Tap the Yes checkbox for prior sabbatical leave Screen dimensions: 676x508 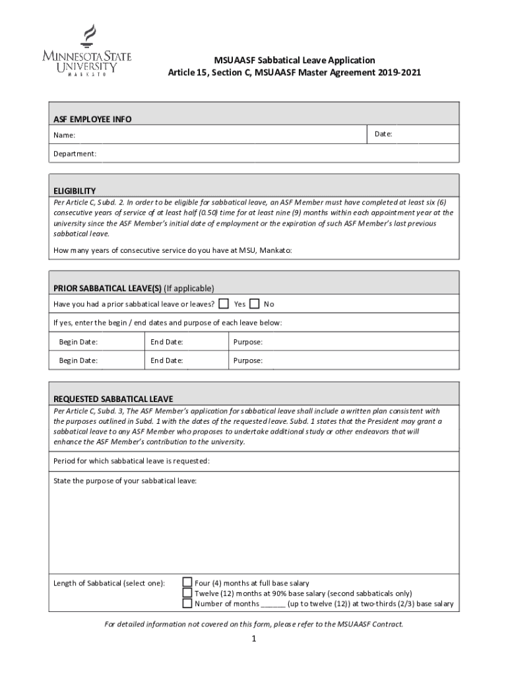click(224, 304)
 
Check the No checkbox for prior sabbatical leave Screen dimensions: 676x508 click(255, 304)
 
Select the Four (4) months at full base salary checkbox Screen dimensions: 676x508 click(187, 582)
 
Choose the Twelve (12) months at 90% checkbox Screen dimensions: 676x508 click(187, 593)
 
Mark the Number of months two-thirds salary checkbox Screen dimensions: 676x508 click(187, 603)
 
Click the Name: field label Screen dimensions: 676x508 click(64, 135)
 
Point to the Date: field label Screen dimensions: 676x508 click(383, 134)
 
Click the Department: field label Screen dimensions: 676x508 click(75, 153)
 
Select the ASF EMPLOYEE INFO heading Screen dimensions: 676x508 click(92, 119)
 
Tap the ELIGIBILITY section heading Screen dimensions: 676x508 click(75, 191)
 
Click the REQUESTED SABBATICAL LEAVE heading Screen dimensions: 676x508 click(113, 399)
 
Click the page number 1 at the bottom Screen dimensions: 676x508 click(253, 639)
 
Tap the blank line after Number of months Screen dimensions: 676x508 click(273, 604)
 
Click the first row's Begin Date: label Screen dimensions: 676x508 click(78, 342)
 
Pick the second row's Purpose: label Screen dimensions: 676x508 click(248, 360)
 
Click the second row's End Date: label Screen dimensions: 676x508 click(166, 360)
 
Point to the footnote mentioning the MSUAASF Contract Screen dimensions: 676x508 click(253, 624)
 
